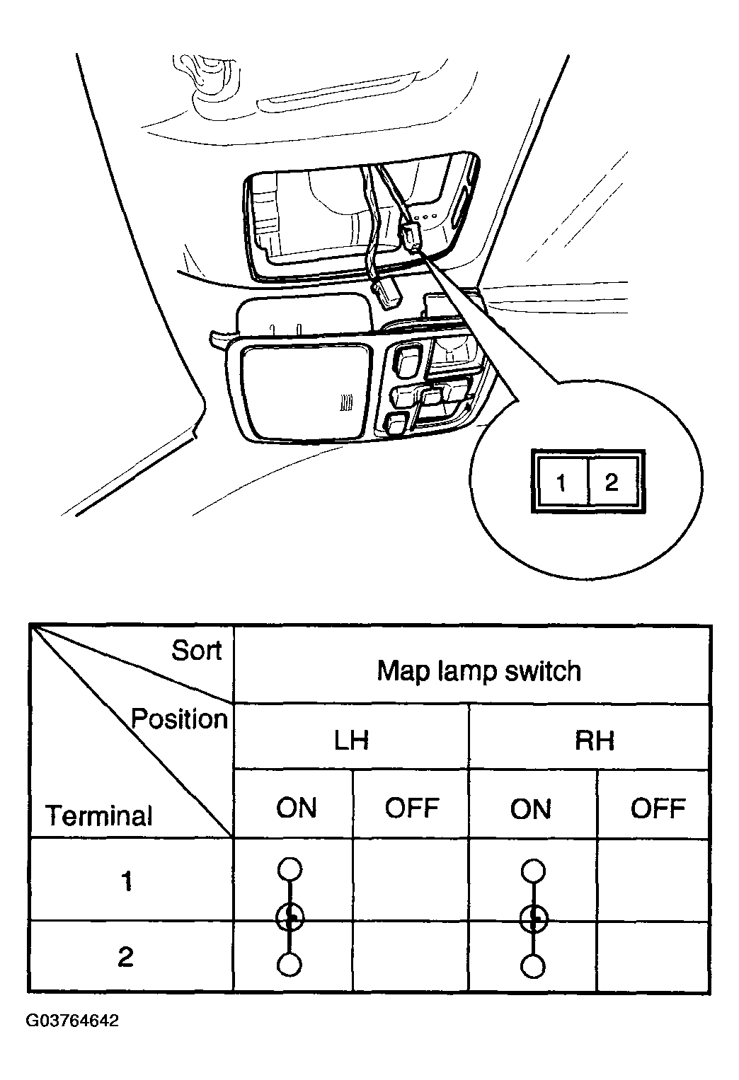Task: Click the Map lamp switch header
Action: [479, 671]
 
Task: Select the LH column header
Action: [351, 741]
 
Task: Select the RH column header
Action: [594, 741]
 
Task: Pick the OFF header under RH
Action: [658, 808]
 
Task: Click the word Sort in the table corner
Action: [197, 651]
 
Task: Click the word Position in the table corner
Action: [179, 719]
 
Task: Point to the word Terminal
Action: [99, 815]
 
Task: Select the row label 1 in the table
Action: [127, 881]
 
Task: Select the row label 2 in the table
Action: [125, 956]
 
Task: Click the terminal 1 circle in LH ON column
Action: [290, 869]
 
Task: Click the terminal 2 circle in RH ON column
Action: [534, 966]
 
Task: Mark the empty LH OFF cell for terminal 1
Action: [411, 879]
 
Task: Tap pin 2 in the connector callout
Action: [612, 482]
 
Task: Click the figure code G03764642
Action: [72, 1021]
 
